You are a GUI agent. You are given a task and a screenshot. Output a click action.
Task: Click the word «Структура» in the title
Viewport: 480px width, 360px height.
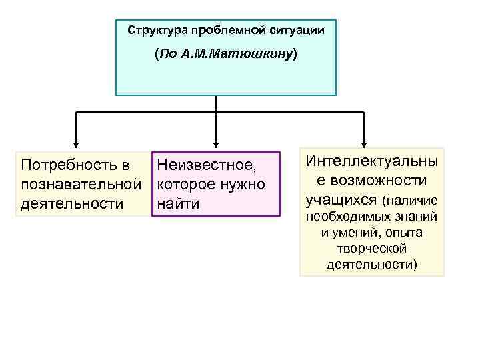[157, 30]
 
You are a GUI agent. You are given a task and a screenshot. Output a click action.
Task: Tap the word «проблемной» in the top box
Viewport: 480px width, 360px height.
[219, 30]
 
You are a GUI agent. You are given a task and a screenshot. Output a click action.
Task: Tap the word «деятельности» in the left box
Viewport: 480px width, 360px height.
[72, 203]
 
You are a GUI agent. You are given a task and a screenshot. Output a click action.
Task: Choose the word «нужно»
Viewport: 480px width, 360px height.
[243, 183]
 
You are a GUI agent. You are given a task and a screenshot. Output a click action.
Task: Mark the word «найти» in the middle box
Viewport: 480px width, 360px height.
[178, 203]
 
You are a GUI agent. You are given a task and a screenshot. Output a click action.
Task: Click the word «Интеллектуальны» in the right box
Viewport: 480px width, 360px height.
[371, 161]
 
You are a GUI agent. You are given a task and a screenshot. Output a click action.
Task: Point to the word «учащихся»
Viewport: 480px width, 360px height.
[341, 199]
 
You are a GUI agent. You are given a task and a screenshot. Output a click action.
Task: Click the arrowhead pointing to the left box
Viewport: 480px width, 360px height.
[75, 143]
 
